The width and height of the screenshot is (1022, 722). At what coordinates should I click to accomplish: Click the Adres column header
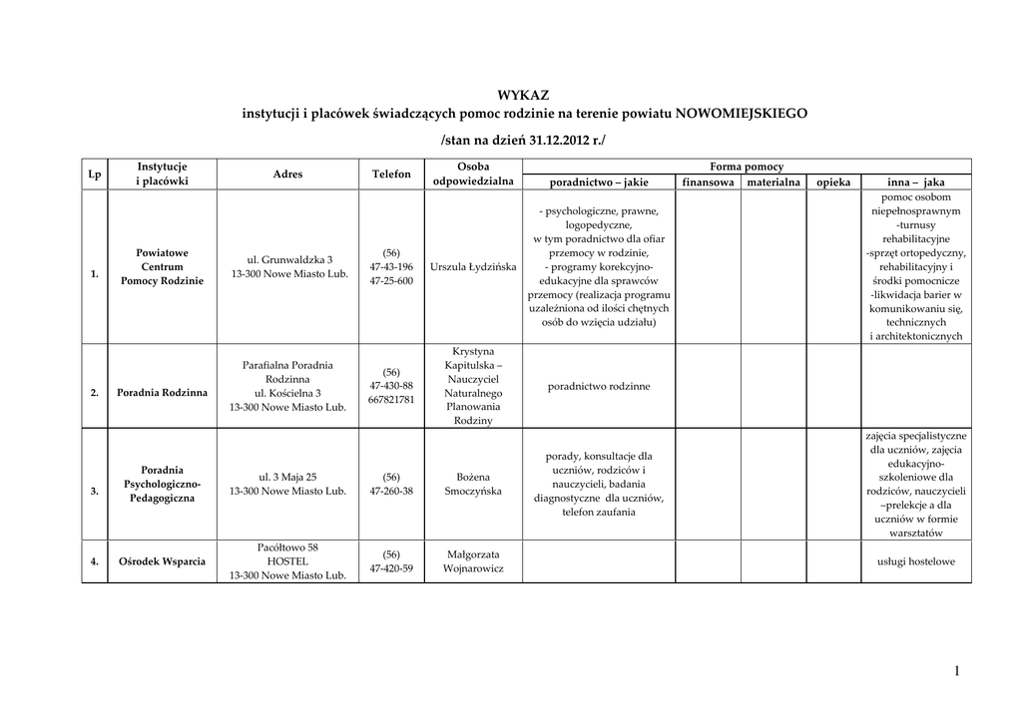click(287, 174)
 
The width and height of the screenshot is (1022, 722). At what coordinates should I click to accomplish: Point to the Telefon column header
click(391, 174)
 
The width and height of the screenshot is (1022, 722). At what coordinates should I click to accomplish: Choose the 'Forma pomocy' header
click(746, 167)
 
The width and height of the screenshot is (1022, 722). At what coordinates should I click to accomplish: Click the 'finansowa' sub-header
click(708, 182)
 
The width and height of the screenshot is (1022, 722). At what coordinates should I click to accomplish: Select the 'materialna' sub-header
click(773, 182)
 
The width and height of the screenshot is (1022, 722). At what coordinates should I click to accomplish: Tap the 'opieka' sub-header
click(833, 182)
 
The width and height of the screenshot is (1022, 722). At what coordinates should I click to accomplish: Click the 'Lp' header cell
click(94, 174)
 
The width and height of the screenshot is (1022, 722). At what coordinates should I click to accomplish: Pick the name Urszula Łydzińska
click(473, 267)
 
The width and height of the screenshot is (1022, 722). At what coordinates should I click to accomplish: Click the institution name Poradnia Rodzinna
click(162, 393)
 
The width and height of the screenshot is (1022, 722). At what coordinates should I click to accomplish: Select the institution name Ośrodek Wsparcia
click(162, 561)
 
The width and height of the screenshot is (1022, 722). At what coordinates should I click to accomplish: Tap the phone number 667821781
click(391, 400)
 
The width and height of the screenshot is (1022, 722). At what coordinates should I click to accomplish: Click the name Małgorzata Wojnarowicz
click(473, 561)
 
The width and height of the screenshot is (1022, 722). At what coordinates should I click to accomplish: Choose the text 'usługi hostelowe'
click(916, 561)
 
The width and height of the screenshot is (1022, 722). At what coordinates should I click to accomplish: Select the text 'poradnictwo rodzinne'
click(599, 386)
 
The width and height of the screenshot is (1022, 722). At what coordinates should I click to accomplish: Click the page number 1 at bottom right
click(956, 671)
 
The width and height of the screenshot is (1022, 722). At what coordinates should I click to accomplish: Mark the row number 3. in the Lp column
click(94, 491)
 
